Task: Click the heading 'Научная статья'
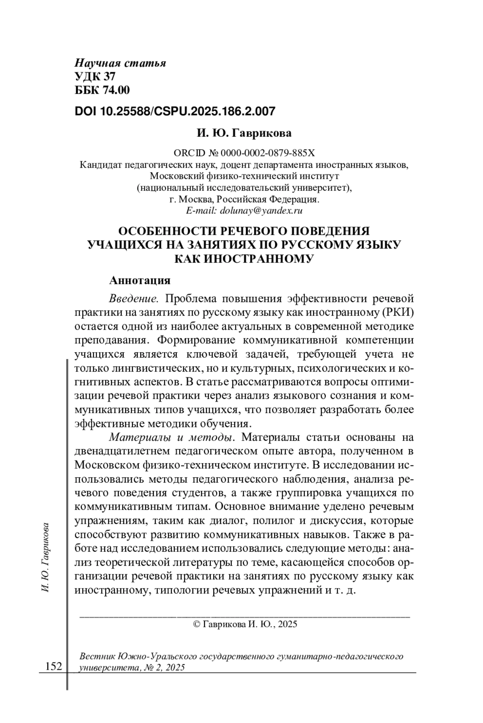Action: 120,63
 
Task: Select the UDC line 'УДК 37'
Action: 95,76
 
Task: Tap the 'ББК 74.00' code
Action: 102,90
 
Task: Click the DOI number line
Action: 175,111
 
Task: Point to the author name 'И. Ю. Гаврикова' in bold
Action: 244,133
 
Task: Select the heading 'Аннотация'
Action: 140,280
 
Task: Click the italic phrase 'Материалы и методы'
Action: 172,437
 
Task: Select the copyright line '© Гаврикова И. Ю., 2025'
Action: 245,624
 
